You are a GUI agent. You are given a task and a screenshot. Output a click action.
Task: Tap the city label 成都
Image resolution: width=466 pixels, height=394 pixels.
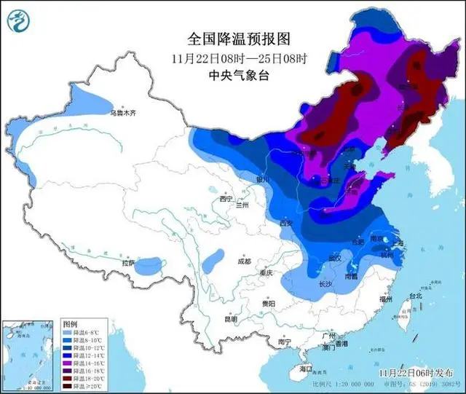pos(242,261)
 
